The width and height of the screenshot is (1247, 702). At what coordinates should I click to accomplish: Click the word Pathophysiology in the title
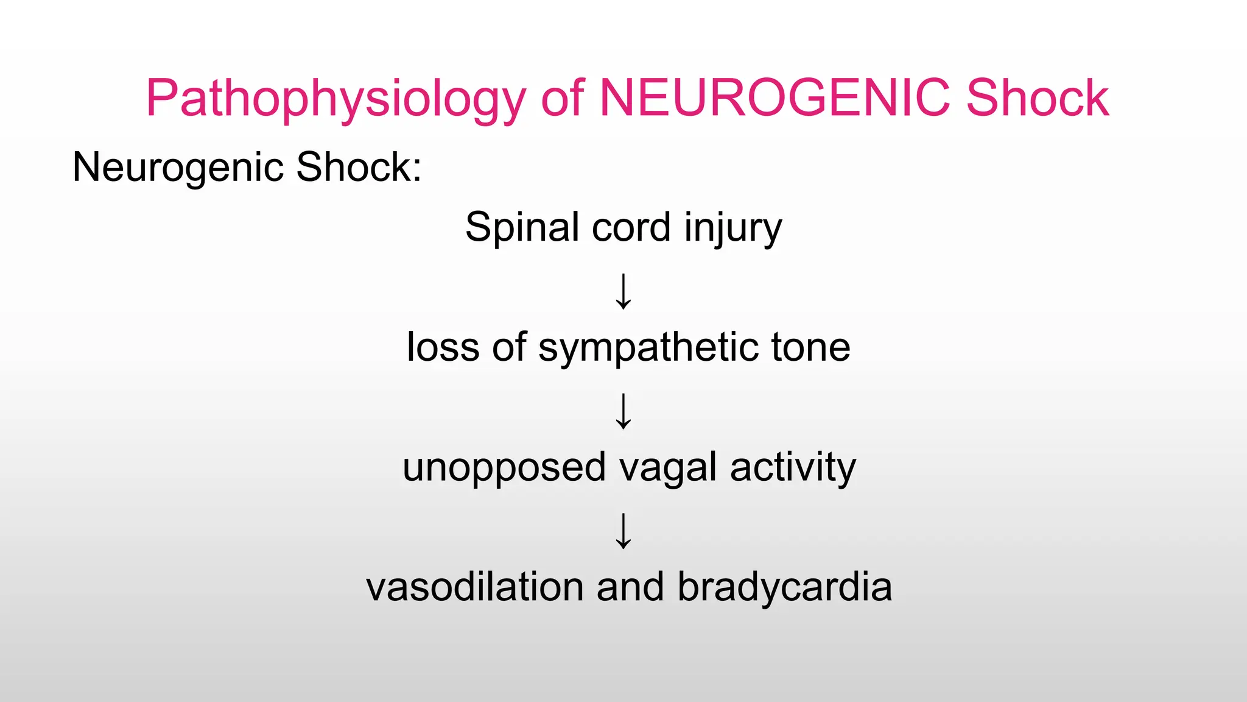pyautogui.click(x=335, y=99)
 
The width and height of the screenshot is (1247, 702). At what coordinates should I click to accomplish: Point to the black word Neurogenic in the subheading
pyautogui.click(x=178, y=168)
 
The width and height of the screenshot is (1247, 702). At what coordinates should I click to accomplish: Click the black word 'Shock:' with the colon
pyautogui.click(x=359, y=166)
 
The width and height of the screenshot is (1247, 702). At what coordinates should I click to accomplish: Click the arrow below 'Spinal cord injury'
pyautogui.click(x=623, y=291)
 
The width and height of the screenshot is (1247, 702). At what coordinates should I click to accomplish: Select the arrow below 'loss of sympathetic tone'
pyautogui.click(x=623, y=411)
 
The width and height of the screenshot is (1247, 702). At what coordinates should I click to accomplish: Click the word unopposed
pyautogui.click(x=504, y=468)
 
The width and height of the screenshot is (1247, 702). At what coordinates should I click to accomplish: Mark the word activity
pyautogui.click(x=793, y=468)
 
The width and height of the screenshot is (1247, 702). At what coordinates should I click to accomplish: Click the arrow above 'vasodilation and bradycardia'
pyautogui.click(x=623, y=531)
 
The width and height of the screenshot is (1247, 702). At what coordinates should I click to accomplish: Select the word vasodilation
pyautogui.click(x=475, y=587)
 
